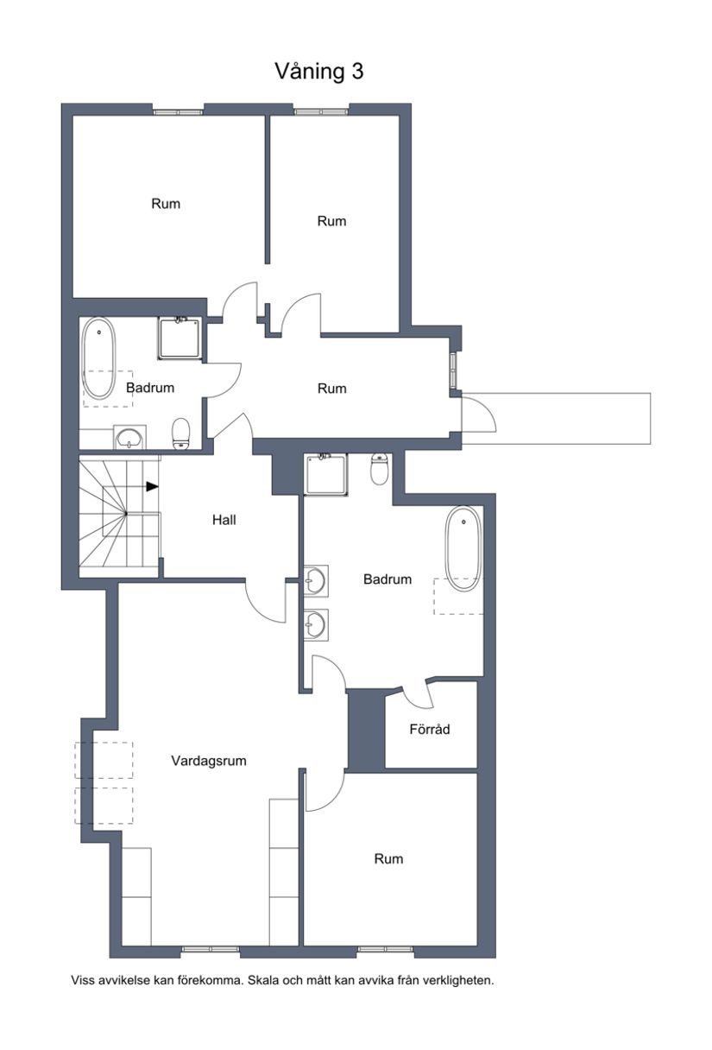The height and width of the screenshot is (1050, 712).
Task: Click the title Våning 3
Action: point(318,71)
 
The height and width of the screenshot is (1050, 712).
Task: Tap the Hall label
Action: point(224,520)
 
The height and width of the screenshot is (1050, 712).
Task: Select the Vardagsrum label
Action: point(209,761)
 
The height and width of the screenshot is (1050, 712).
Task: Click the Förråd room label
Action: point(429,729)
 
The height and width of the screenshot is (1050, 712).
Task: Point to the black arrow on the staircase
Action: point(152,486)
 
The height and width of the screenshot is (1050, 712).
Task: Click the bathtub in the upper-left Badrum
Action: point(98,358)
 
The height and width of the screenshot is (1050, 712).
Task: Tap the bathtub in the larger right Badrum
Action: point(463,548)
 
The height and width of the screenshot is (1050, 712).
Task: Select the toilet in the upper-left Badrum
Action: point(181,433)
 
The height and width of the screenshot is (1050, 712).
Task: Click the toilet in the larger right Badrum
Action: point(379,468)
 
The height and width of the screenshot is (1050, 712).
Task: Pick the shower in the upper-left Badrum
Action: point(179,338)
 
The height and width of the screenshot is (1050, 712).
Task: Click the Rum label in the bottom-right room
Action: point(388,858)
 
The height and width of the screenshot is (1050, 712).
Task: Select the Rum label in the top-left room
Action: point(166,204)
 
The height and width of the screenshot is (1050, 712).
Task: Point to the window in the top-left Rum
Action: point(178,110)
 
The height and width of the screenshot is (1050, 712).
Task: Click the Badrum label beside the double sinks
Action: point(388,579)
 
